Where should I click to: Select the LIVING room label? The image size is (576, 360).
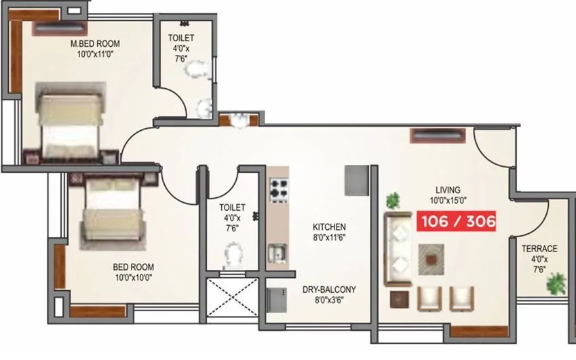click(x=448, y=190)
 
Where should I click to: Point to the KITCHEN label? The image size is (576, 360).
click(x=329, y=227)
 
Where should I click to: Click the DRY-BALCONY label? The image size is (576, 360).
click(x=329, y=289)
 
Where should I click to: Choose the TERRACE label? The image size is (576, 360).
click(x=539, y=249)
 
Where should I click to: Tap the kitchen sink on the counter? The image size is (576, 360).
click(x=276, y=253)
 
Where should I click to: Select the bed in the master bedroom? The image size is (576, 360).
click(x=70, y=122)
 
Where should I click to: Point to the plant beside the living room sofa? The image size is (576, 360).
click(x=393, y=200)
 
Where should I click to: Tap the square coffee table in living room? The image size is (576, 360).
click(x=430, y=256)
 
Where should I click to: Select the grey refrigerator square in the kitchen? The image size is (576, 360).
click(x=355, y=180)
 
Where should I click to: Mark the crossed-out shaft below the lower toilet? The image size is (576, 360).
click(x=232, y=298)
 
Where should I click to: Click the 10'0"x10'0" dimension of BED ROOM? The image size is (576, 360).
click(x=133, y=277)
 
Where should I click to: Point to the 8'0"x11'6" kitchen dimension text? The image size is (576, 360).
click(x=329, y=238)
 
